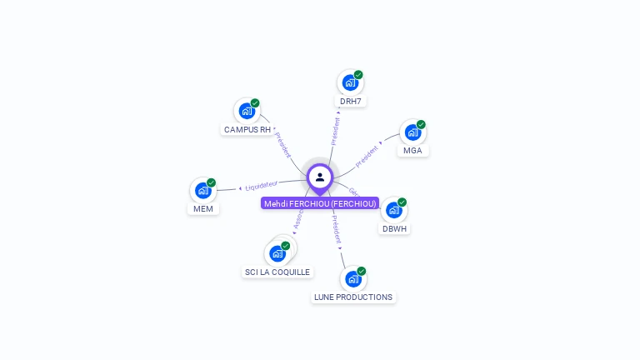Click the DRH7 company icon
[350, 83]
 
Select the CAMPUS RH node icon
[247, 111]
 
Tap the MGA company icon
[412, 132]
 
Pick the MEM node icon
[202, 191]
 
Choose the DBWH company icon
[393, 210]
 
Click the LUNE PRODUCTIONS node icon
[352, 279]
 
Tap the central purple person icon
[320, 177]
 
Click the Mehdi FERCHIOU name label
[320, 203]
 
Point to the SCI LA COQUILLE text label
[277, 272]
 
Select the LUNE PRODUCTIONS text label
[352, 297]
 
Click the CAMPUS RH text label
[247, 130]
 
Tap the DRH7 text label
[351, 102]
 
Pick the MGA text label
[412, 151]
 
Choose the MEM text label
[202, 209]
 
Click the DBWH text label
[395, 228]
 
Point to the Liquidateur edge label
[261, 186]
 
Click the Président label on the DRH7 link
[335, 131]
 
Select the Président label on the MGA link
[367, 155]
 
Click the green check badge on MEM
[212, 182]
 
